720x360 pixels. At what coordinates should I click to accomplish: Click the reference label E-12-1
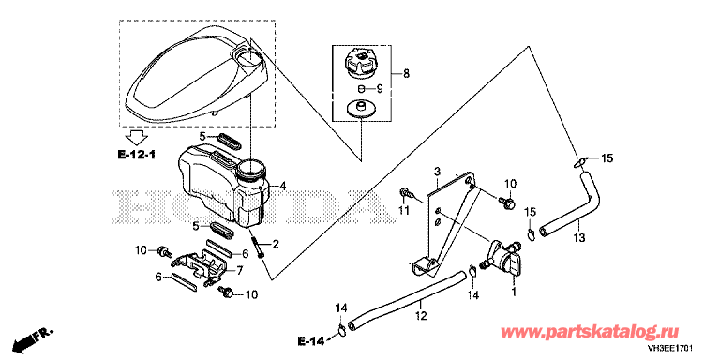pos(136,156)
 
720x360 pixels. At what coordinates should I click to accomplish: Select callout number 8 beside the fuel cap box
pos(406,73)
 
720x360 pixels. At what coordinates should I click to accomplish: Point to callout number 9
pos(380,88)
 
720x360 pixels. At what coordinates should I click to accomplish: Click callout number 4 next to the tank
pos(283,186)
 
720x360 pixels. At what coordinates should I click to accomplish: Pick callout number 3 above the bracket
pos(437,172)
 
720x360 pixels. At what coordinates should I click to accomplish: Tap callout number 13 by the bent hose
pos(579,238)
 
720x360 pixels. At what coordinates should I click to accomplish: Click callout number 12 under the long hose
pos(421,316)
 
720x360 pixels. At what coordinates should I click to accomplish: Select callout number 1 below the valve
pos(515,292)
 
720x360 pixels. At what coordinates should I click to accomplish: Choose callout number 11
pos(403,211)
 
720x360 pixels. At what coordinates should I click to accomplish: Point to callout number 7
pos(240,270)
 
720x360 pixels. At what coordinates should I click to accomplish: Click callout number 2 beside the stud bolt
pos(276,245)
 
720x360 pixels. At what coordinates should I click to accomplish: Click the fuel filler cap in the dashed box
pos(360,63)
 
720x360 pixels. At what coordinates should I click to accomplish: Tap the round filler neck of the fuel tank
pos(250,169)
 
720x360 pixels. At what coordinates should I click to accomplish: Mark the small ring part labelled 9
pos(361,88)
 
